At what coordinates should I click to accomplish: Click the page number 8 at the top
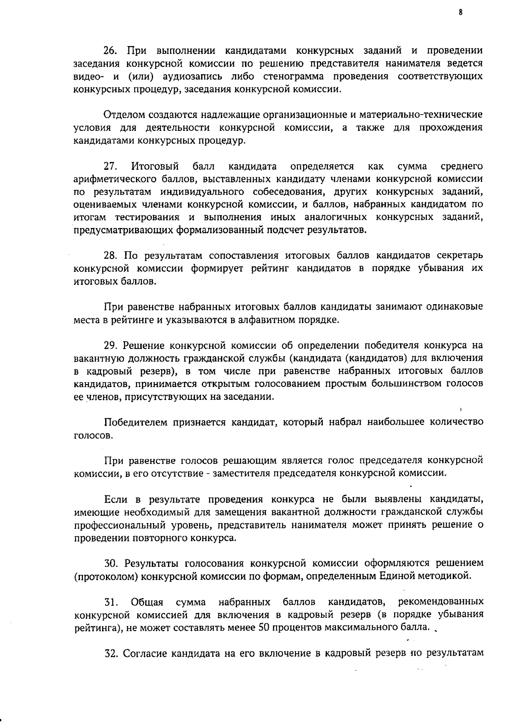tap(460, 12)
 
